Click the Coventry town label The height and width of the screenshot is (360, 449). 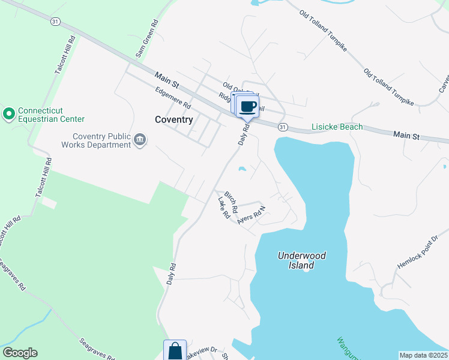(173, 119)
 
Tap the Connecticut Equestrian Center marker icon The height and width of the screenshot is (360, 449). (9, 113)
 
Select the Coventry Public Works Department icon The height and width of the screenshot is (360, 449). (139, 139)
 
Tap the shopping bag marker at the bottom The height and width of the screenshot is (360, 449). (175, 351)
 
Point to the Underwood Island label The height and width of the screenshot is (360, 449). (302, 260)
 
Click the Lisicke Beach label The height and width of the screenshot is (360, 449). (337, 127)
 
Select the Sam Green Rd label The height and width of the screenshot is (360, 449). (146, 41)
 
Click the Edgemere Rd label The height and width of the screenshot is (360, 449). (172, 98)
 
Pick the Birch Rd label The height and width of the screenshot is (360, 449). (231, 203)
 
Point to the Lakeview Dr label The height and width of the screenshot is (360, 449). (202, 352)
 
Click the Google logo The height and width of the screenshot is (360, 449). (19, 353)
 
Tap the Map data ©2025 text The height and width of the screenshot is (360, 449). (423, 355)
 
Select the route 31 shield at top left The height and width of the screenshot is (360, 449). (55, 21)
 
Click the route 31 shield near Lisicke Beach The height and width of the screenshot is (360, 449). (283, 127)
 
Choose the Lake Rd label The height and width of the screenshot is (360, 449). (224, 207)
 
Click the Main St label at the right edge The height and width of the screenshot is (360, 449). (406, 136)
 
